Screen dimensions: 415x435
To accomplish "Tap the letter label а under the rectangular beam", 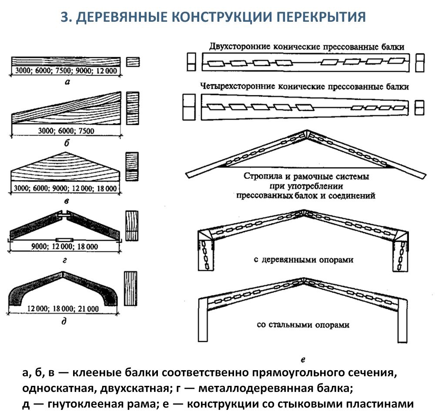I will click(x=66, y=81).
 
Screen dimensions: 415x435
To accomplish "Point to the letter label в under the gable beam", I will click(x=66, y=201).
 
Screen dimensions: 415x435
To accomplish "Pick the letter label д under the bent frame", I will click(x=65, y=322).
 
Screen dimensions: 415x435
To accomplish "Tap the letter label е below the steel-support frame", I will click(x=303, y=359).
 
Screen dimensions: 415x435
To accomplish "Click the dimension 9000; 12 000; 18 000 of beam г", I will click(x=66, y=247).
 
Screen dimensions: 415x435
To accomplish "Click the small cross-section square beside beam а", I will click(x=133, y=62).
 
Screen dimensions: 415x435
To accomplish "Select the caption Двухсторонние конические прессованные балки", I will click(x=307, y=47).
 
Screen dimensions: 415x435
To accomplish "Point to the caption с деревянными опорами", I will click(x=303, y=260).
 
